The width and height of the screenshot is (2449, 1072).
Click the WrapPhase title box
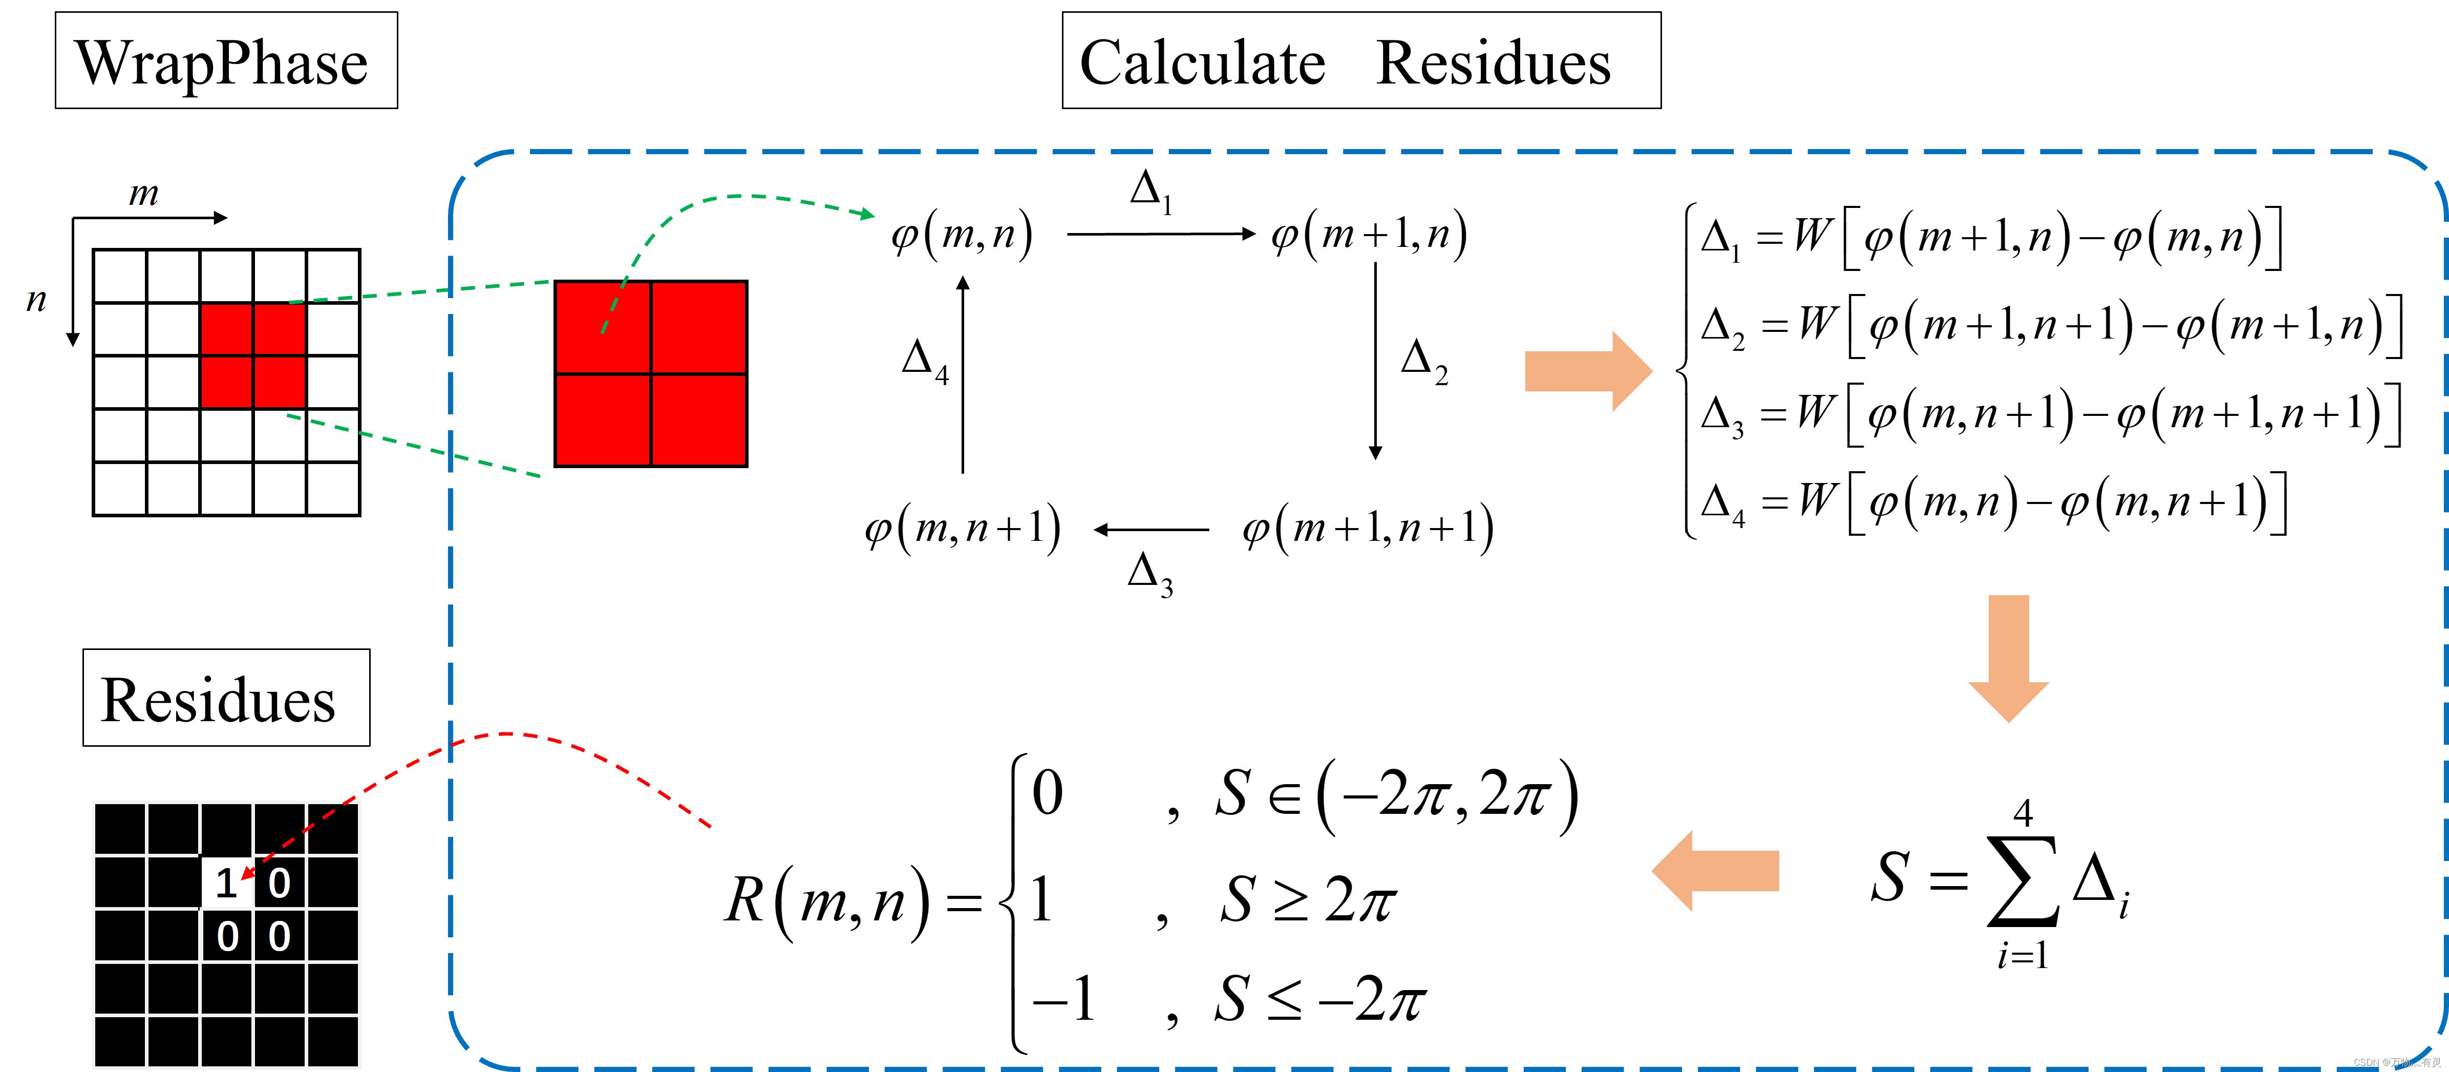click(225, 61)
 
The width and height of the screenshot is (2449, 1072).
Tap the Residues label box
click(225, 698)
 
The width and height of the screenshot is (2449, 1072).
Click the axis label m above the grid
click(143, 193)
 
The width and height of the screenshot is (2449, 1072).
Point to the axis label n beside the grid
click(36, 300)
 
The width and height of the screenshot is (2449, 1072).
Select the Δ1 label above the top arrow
click(1151, 190)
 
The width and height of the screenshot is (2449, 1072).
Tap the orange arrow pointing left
click(1715, 870)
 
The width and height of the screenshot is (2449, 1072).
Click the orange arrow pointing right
click(1588, 371)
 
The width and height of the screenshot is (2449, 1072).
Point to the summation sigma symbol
click(2022, 880)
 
